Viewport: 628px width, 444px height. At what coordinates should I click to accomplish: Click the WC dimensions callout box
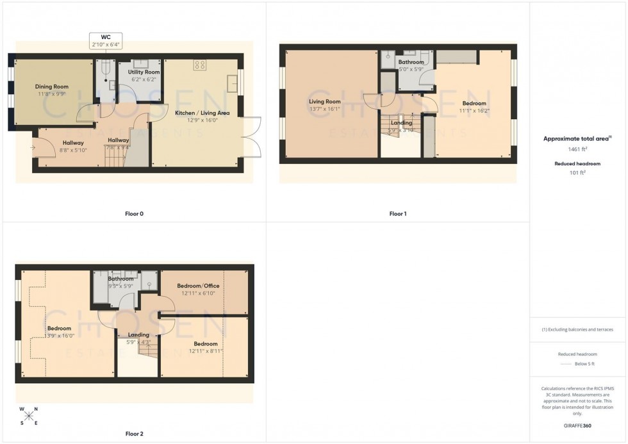click(x=106, y=41)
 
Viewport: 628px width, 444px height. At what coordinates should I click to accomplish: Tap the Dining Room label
click(x=52, y=86)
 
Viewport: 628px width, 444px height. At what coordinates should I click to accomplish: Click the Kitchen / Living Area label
click(x=202, y=113)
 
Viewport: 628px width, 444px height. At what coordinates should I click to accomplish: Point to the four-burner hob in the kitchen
click(x=199, y=65)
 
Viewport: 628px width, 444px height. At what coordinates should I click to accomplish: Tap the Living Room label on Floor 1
click(x=324, y=101)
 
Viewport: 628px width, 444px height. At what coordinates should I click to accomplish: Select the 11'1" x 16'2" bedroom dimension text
click(x=474, y=111)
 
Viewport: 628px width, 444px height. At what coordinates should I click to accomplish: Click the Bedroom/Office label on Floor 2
click(x=198, y=286)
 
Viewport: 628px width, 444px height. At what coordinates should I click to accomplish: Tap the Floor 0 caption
click(x=134, y=213)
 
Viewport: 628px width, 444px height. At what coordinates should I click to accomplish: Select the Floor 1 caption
click(x=398, y=213)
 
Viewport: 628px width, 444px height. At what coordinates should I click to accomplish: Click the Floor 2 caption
click(x=134, y=434)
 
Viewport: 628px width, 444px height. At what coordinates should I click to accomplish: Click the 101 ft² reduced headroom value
click(x=578, y=172)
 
